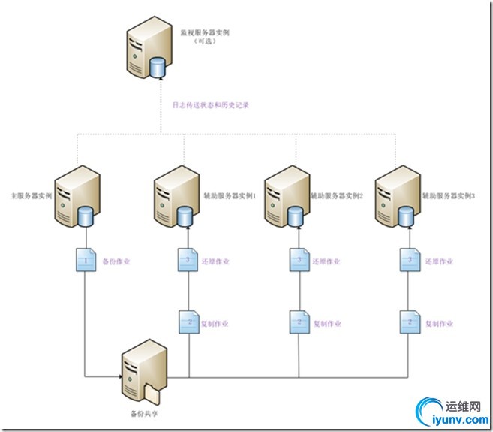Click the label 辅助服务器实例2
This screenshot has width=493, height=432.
(x=338, y=195)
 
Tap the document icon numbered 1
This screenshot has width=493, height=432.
(x=86, y=261)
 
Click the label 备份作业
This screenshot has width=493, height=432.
(x=117, y=261)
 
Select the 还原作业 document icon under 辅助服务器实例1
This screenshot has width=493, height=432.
(x=186, y=261)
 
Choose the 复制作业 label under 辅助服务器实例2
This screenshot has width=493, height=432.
(x=326, y=324)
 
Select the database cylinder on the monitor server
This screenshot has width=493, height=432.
(x=158, y=68)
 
